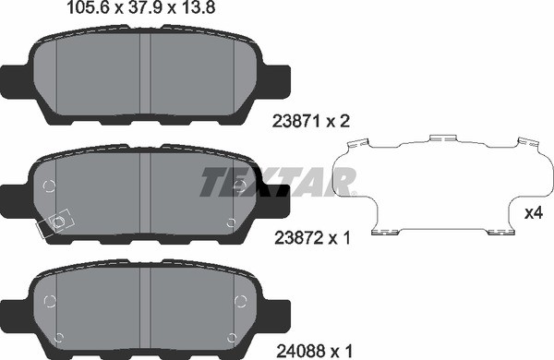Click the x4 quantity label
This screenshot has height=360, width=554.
coord(532,213)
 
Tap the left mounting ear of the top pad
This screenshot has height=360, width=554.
coord(16,82)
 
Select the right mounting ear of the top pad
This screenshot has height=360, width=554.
coord(278,82)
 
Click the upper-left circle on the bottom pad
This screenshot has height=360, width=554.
coord(52,300)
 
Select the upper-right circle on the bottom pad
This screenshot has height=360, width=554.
coord(241,300)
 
